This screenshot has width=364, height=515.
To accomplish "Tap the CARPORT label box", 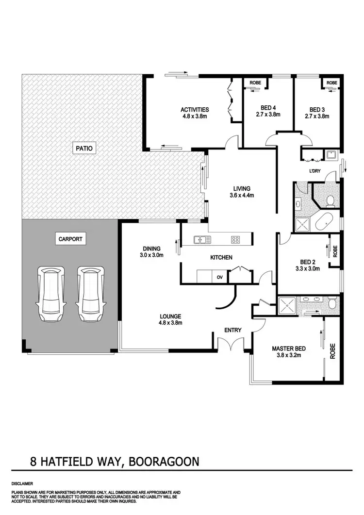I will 70,239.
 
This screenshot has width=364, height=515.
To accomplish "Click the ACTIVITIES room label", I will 195,110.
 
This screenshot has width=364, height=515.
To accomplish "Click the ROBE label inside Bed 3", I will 331,83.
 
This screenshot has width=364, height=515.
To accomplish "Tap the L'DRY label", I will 315,171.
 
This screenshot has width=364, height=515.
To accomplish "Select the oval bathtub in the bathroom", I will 324,221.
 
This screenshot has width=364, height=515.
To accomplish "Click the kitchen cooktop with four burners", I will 235,239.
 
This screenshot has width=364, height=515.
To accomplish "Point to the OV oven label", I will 219,278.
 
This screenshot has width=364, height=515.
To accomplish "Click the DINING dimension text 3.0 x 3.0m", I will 152,255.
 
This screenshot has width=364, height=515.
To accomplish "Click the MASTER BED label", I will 288,349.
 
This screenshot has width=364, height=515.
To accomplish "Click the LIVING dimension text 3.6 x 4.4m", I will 241,195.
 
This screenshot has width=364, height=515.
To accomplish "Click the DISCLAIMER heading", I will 22,484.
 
